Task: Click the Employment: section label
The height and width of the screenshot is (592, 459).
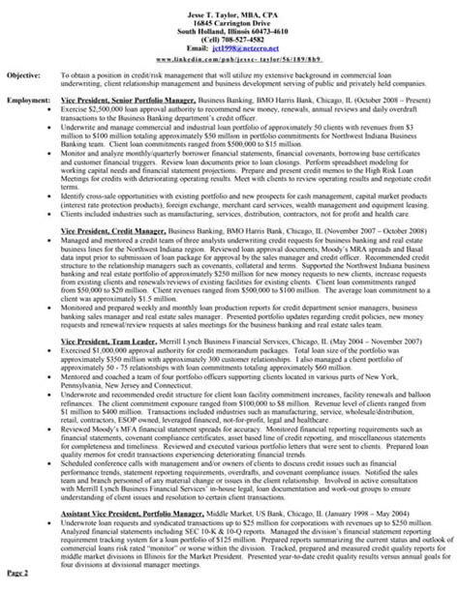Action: click(x=28, y=100)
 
